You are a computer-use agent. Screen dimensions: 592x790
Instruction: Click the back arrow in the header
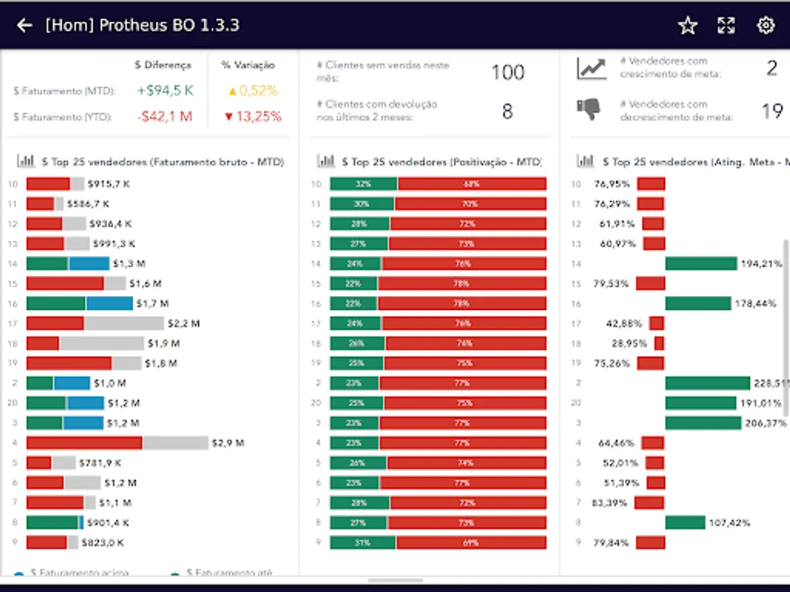25,26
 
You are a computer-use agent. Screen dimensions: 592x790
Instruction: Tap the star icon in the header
687,26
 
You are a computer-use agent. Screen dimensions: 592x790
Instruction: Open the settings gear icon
765,26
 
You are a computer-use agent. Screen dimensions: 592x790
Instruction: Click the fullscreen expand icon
726,26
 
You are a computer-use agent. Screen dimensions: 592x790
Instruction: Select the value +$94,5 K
165,91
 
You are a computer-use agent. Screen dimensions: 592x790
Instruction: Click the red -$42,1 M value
165,116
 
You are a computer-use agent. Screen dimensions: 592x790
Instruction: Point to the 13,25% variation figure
253,116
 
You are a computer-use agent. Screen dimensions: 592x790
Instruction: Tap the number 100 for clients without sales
508,72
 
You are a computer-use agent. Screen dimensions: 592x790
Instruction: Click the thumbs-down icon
589,109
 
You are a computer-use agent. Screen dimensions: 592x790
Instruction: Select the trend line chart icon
591,68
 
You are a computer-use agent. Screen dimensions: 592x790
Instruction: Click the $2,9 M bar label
228,443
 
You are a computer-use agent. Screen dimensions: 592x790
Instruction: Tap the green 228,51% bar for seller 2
707,383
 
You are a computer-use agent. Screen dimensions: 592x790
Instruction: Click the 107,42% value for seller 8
729,523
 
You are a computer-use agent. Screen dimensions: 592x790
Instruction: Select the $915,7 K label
110,184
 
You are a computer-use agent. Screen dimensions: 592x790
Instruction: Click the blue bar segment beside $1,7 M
109,304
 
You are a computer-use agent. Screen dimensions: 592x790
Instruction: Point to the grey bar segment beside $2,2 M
124,324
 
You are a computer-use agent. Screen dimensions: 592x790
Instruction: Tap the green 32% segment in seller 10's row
363,184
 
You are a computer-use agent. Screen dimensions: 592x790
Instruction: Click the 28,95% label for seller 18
629,343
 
